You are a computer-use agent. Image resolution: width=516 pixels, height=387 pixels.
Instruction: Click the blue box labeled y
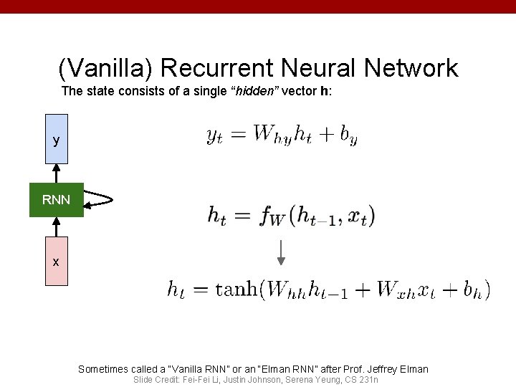tap(56, 139)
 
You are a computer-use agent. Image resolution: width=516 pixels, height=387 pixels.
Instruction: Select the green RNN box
tap(56, 200)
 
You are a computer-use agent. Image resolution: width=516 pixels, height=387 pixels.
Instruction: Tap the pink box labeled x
tap(56, 262)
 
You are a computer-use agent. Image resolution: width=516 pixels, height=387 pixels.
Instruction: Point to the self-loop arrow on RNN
tap(101, 199)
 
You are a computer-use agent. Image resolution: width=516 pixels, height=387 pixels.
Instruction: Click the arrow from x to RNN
tap(56, 226)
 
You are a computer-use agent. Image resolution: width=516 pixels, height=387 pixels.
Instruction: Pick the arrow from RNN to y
tap(56, 174)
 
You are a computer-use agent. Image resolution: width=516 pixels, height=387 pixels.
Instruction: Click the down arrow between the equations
tap(281, 252)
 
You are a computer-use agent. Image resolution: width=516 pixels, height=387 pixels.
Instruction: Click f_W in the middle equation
tap(272, 216)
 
